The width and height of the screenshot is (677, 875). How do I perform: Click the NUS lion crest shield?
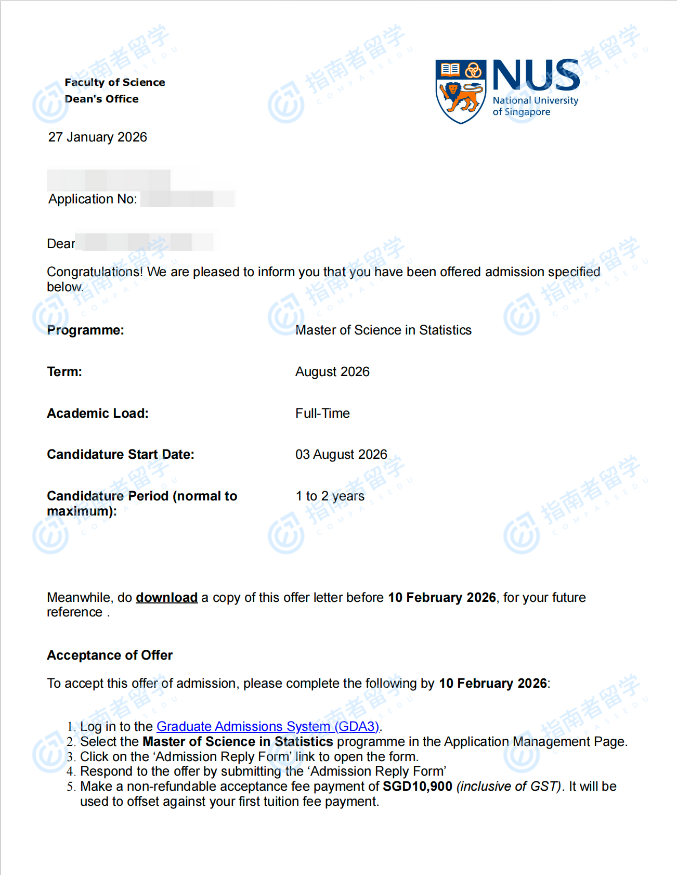(461, 92)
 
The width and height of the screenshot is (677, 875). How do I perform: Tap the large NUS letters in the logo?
(536, 75)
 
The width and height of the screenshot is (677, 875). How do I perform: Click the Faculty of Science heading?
(115, 82)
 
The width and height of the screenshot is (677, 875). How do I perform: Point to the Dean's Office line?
(102, 99)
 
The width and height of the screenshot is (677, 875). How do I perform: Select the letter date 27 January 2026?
(98, 137)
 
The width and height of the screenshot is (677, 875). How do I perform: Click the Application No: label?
(93, 199)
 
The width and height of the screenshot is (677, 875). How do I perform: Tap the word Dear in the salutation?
(61, 243)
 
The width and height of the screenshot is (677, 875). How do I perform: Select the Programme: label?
(86, 330)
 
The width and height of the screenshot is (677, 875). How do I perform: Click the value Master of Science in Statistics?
(383, 330)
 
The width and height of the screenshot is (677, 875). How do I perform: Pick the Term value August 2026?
(332, 371)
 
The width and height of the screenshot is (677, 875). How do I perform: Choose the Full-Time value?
(322, 413)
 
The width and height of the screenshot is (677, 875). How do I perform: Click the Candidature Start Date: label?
(121, 454)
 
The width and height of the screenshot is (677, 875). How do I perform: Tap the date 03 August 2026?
(341, 454)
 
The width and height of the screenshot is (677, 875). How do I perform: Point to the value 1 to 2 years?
(330, 496)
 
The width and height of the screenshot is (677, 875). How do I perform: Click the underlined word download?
(166, 597)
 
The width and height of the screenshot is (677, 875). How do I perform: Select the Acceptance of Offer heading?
(110, 655)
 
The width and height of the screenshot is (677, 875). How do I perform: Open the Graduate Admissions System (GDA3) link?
(268, 726)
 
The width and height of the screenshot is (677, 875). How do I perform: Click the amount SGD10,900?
(418, 786)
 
